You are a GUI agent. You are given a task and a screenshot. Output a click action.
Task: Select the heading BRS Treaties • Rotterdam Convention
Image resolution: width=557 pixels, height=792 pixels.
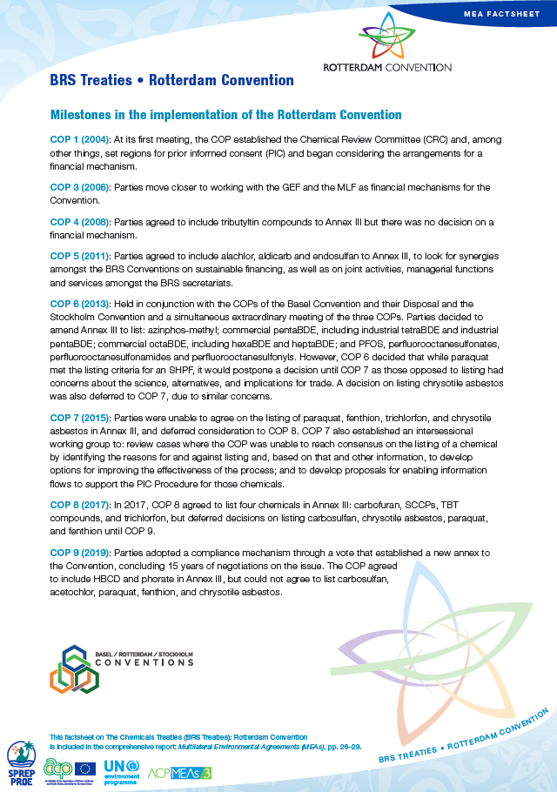tap(172, 81)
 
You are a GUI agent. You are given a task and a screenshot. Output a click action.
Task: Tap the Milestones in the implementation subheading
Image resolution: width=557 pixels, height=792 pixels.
tap(226, 115)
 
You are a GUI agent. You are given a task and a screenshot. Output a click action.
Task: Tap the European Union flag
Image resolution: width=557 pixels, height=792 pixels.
tap(85, 768)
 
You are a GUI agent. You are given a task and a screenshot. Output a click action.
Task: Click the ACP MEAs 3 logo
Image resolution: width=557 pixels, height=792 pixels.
tap(180, 772)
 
